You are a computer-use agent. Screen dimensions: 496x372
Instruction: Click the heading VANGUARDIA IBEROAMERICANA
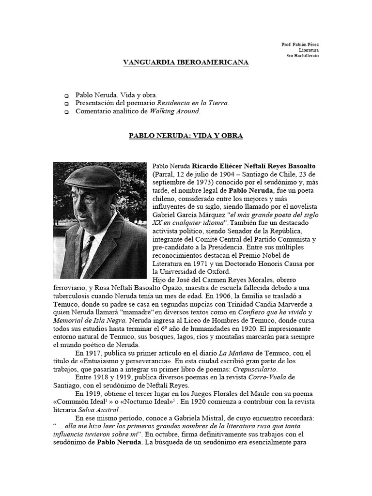point(186,62)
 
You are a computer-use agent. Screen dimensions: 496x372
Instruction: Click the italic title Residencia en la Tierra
point(192,103)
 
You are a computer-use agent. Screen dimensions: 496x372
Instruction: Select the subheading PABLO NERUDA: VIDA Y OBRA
point(186,136)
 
